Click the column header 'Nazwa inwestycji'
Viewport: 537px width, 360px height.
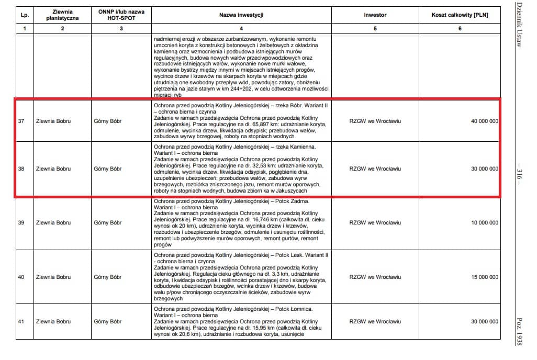241,15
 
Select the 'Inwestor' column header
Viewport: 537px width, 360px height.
375,15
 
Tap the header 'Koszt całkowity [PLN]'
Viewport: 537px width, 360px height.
460,15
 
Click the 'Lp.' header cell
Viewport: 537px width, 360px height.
24,15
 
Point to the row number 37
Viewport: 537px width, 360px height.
21,121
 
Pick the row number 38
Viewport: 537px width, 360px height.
21,169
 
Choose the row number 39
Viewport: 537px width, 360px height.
21,223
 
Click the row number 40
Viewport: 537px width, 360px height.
21,277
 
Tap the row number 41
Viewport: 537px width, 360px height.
21,321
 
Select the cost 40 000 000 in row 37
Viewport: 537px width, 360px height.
484,121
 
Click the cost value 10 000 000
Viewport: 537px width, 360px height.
484,223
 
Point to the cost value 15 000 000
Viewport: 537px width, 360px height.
484,277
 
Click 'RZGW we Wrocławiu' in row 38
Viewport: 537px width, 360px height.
375,169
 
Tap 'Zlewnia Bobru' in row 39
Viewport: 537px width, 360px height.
53,223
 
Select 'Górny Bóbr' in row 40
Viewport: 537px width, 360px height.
107,277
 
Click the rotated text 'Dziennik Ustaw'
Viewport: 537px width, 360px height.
519,27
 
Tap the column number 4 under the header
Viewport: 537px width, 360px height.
241,28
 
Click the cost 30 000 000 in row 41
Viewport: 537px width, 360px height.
484,321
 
